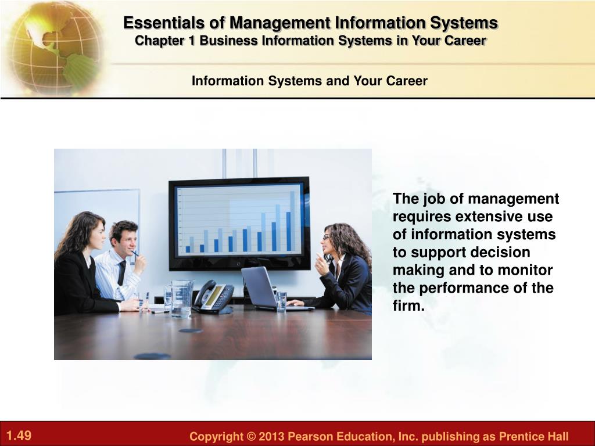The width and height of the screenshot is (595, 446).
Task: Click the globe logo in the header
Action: [x=55, y=48]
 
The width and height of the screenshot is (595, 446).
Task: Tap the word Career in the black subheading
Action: [x=406, y=81]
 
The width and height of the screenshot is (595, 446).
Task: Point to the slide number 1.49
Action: [x=19, y=435]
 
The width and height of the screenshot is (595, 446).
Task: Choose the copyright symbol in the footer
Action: [x=251, y=437]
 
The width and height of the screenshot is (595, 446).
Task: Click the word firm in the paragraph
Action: [x=408, y=305]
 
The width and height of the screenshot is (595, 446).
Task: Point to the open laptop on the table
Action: [x=273, y=288]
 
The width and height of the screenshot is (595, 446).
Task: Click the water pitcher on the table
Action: [x=182, y=299]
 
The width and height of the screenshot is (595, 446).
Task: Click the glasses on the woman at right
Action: [x=327, y=238]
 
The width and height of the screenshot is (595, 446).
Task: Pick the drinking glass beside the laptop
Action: [x=281, y=302]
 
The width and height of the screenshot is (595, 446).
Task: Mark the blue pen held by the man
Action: [x=135, y=253]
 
